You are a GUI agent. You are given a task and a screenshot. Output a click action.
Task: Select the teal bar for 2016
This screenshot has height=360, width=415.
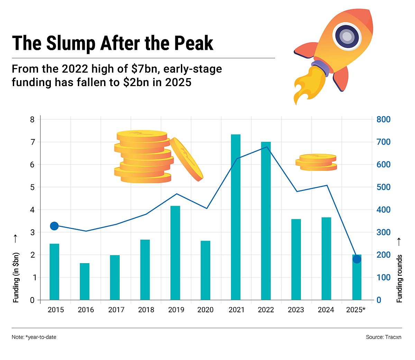pyautogui.click(x=85, y=281)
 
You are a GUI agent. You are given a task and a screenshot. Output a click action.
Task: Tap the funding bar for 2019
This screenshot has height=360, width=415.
pyautogui.click(x=175, y=253)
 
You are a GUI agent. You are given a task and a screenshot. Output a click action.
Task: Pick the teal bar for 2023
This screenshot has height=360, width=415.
pyautogui.click(x=296, y=259)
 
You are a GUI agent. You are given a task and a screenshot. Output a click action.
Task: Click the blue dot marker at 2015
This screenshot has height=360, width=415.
pyautogui.click(x=54, y=226)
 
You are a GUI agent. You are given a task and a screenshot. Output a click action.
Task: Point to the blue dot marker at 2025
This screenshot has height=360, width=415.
pyautogui.click(x=357, y=259)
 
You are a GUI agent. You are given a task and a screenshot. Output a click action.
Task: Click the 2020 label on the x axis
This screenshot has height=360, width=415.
pyautogui.click(x=205, y=310)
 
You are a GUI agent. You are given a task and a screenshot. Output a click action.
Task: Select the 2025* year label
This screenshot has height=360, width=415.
pyautogui.click(x=356, y=310)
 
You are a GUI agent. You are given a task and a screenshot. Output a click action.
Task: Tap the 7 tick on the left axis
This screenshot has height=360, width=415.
pyautogui.click(x=33, y=142)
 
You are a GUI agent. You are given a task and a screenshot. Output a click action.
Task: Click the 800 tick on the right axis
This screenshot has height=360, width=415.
pyautogui.click(x=383, y=120)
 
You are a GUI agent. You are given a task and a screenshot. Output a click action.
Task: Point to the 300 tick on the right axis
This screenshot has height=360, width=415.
pyautogui.click(x=383, y=232)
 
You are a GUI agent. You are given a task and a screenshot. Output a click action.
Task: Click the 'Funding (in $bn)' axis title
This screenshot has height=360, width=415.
pyautogui.click(x=16, y=278)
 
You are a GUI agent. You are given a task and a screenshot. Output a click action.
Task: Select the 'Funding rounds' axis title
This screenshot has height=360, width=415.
pyautogui.click(x=399, y=278)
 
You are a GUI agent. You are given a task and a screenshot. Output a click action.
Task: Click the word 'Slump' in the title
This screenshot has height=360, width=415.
pyautogui.click(x=71, y=43)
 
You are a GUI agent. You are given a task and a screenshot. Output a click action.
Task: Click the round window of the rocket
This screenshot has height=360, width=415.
pyautogui.click(x=347, y=36)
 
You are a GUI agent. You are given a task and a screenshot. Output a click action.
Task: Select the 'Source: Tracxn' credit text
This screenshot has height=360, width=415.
pyautogui.click(x=384, y=337)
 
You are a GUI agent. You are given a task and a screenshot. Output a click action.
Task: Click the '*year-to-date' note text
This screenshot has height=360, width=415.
pyautogui.click(x=40, y=337)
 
